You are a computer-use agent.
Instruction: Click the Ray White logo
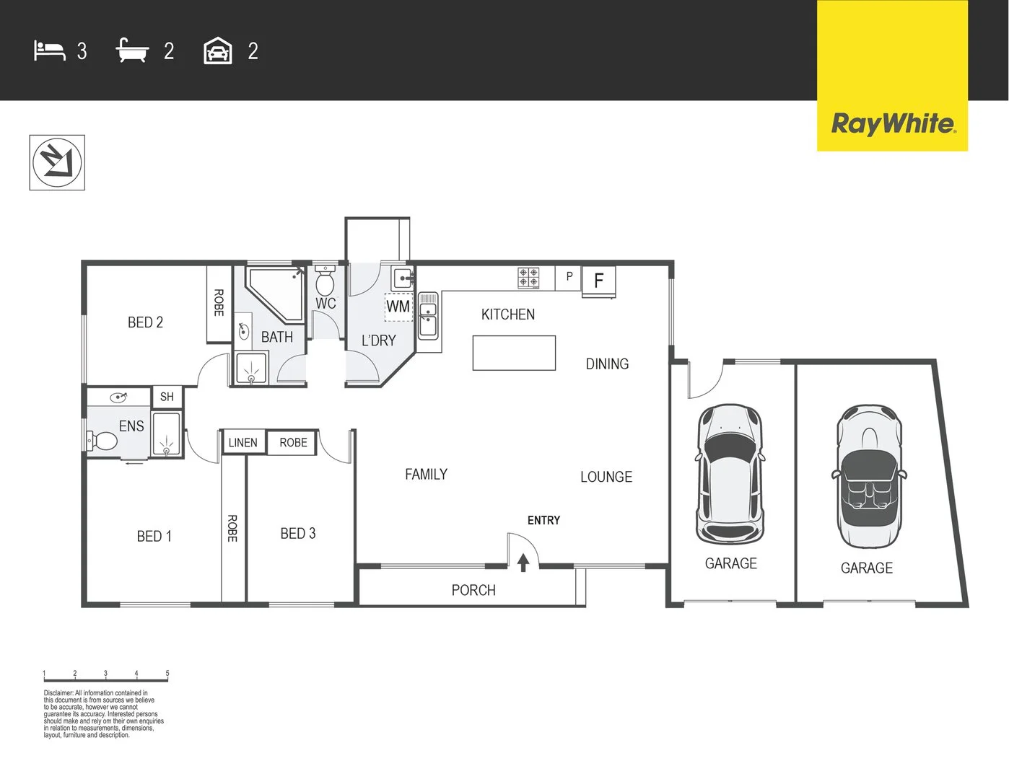(892, 123)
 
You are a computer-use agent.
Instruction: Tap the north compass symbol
(57, 162)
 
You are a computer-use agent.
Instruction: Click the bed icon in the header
(50, 51)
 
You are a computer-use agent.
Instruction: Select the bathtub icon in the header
(132, 51)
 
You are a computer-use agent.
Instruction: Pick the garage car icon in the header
(218, 51)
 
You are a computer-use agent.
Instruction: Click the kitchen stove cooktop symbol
(528, 278)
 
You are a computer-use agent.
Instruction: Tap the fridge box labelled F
(598, 281)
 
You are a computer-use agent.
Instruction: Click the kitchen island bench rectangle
(514, 353)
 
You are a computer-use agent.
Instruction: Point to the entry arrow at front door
(523, 562)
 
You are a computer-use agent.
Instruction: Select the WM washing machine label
(398, 306)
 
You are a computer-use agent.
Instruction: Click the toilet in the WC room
(325, 278)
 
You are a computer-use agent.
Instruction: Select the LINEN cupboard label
(243, 443)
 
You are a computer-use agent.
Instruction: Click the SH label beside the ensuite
(167, 397)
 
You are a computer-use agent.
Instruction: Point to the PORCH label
(473, 590)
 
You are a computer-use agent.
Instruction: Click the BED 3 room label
(298, 534)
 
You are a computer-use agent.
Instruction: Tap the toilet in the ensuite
(102, 440)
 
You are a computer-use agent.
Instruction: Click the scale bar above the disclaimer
(105, 678)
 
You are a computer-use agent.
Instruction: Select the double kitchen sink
(428, 316)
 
